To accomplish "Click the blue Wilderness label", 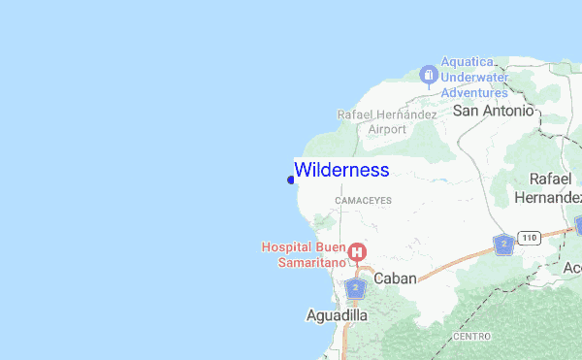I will coord(341,170).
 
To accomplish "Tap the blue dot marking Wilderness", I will coord(291,179).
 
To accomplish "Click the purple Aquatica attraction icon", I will coord(428,75).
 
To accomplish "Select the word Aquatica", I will coord(468,62).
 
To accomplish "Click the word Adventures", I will coord(474,92).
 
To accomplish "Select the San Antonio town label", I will coord(494,111).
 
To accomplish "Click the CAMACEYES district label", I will coord(363,200).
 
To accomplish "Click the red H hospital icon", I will coord(357,253).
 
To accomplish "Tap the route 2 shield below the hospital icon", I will coord(356,288).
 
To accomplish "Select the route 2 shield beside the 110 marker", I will coord(502,244).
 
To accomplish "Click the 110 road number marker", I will coord(529,237).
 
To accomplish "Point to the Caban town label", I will coord(395,278).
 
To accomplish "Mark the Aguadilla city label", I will coord(337,316).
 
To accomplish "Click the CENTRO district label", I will coord(471,337).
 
